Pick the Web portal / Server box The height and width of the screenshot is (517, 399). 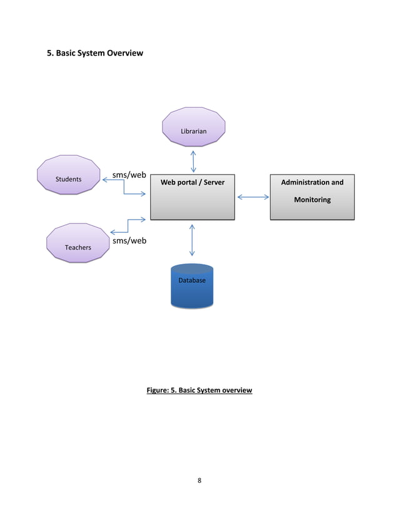point(192,197)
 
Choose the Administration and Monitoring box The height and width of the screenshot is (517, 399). point(312,197)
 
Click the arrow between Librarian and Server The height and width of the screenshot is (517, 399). point(193,161)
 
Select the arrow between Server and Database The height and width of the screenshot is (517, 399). point(192,240)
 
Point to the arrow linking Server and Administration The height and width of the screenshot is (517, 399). point(253,197)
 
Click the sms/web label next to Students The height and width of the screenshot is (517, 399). point(129,175)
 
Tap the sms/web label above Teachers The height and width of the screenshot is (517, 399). point(129,240)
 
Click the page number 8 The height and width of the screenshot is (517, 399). point(199,481)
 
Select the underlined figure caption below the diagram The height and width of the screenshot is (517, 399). point(199,391)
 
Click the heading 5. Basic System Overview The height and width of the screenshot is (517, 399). point(96,53)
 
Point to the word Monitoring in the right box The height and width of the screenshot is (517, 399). point(312,200)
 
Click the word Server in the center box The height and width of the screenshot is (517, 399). point(213,182)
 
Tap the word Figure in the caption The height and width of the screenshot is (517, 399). point(157,391)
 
